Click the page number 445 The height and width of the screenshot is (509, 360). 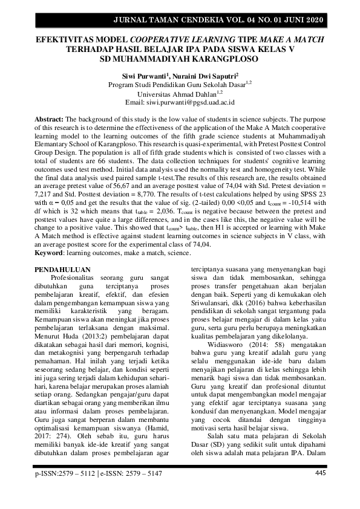click(321, 473)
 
